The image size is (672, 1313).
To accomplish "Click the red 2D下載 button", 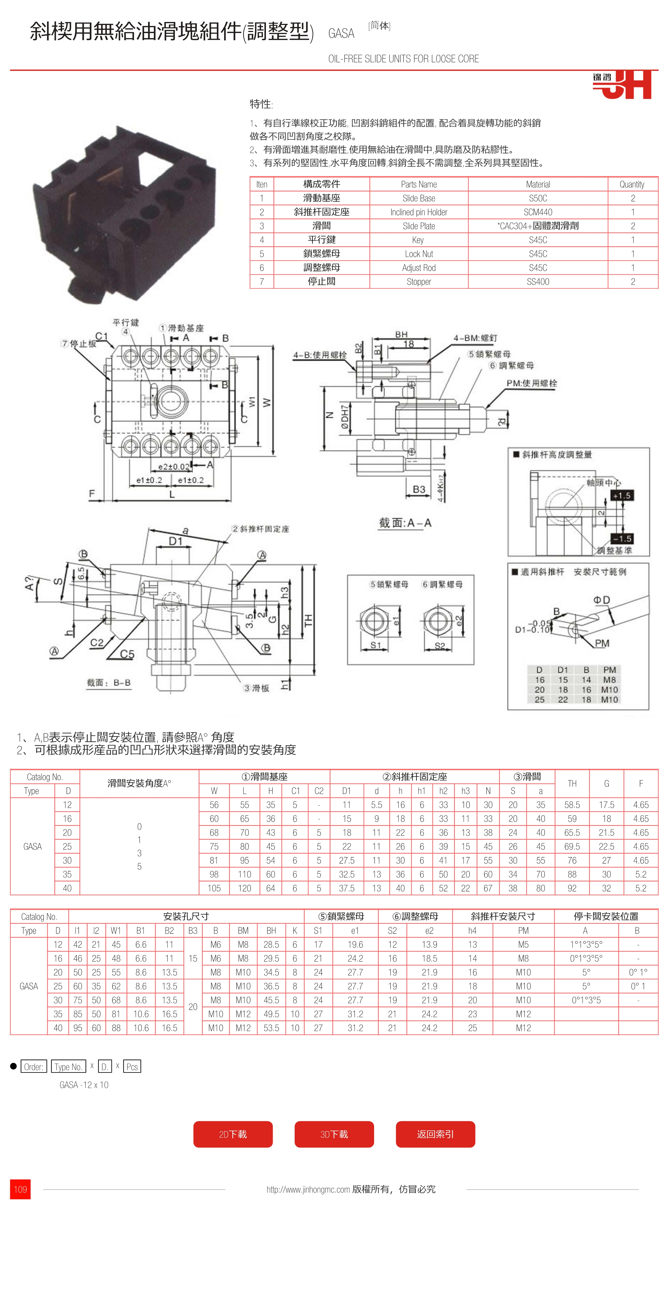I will point(233,1134).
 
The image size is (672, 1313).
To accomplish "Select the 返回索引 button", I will point(435,1134).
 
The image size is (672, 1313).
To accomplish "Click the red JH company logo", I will point(623,85).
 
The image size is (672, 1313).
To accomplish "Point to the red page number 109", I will point(20,1189).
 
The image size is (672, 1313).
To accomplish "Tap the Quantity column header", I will point(632,184).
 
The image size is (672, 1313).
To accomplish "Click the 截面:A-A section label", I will point(405,523).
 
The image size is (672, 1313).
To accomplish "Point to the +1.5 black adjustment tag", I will point(622,496).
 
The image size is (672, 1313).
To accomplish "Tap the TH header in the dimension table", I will point(572,783).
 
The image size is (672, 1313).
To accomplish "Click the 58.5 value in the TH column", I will point(572,805).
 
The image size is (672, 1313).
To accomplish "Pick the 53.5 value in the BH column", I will point(271,1028).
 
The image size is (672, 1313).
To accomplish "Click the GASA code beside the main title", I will point(341,34).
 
